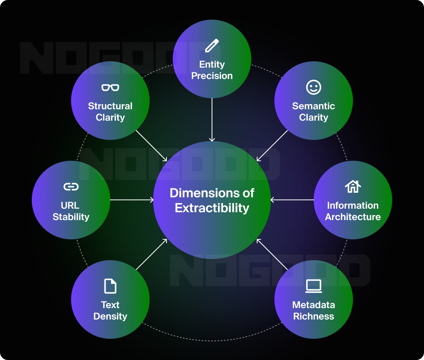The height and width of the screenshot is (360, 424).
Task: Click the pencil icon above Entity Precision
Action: point(212,46)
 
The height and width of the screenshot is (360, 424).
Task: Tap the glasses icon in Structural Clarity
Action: point(110,87)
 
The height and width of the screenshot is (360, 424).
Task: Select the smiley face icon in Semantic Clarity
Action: point(313,87)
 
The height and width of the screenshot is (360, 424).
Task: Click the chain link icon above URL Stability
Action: point(71,187)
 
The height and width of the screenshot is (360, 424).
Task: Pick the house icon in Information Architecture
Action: point(353,186)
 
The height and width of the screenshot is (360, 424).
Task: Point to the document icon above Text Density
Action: point(110,286)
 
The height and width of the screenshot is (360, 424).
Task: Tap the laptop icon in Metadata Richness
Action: point(313,286)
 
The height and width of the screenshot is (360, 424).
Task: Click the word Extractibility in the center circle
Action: point(212,208)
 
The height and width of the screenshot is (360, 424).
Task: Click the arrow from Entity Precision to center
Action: point(212,119)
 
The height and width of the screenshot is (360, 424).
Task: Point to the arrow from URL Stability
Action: point(132,200)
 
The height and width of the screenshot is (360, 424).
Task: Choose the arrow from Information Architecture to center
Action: point(292,200)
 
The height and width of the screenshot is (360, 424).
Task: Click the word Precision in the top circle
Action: point(212,76)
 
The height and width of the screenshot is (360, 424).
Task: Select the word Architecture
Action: point(353,217)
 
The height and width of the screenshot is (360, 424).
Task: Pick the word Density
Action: point(110,316)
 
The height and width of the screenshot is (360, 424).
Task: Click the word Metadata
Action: point(313,305)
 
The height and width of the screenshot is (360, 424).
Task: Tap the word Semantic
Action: point(313,106)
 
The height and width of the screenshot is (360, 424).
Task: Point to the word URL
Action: point(71,206)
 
